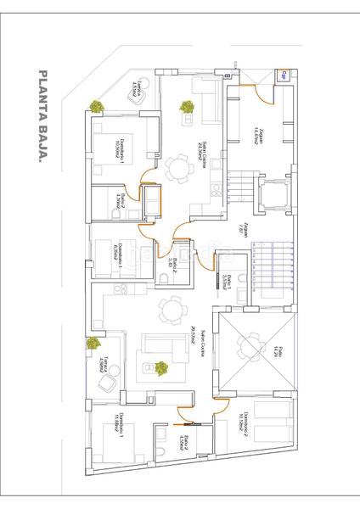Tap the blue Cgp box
click(x=283, y=76)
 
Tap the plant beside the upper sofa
click(x=186, y=107)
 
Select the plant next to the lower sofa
click(x=160, y=368)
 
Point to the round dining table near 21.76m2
click(x=178, y=169)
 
